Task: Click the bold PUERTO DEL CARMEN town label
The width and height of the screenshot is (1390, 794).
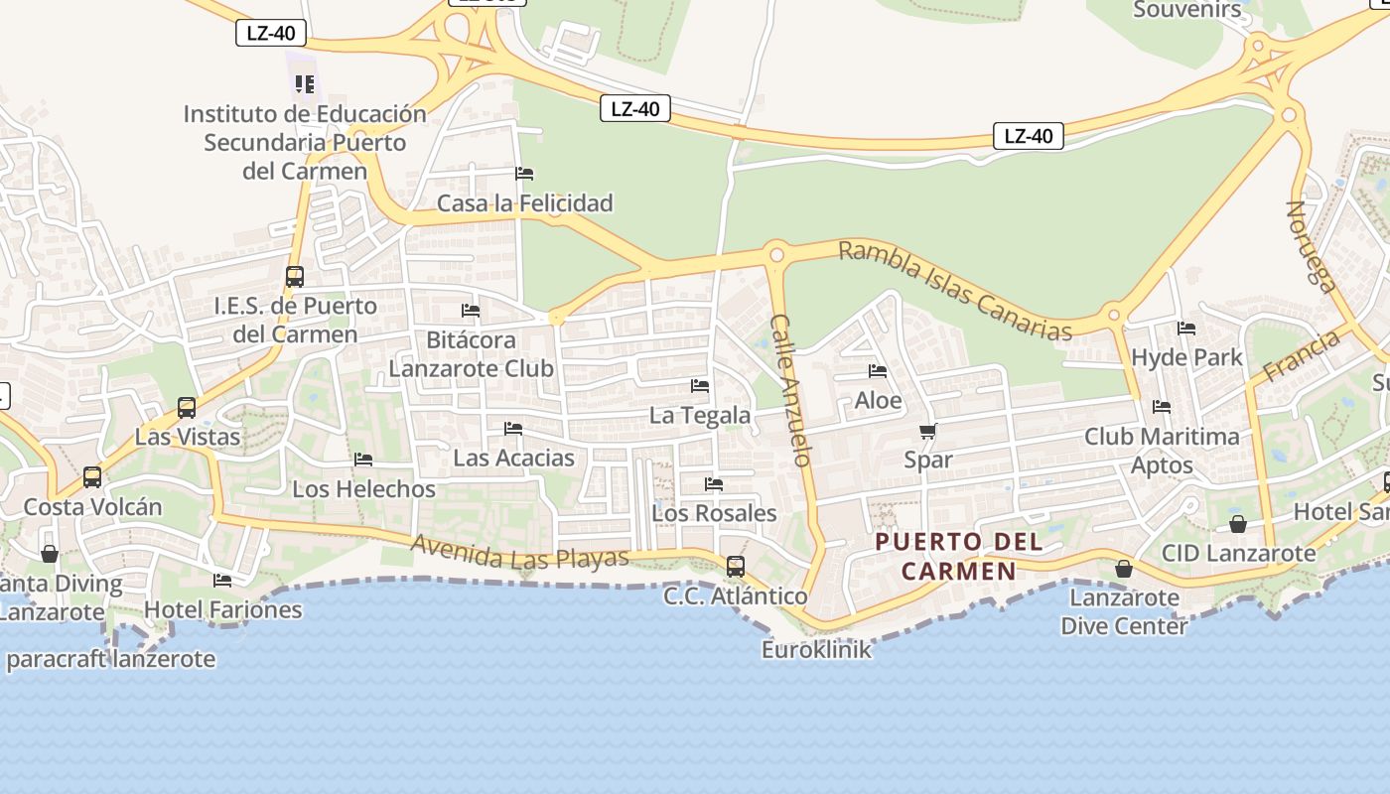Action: coord(959,556)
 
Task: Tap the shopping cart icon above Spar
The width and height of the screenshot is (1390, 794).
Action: coord(928,431)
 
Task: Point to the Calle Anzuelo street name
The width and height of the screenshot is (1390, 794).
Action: coord(791,390)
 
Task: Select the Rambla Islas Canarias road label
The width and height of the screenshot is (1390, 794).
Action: coord(955,290)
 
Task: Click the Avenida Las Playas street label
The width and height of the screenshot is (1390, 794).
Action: coord(519,552)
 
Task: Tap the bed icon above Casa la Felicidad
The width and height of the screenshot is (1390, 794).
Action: coord(524,174)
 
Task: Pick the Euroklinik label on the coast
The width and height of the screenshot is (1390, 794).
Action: coord(816,649)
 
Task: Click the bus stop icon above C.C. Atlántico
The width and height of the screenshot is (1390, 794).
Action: coord(735,566)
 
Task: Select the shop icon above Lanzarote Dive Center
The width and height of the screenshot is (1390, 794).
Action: coord(1124,569)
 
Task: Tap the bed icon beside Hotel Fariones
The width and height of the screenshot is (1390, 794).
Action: coord(222,580)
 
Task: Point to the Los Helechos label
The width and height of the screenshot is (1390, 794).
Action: coord(363,488)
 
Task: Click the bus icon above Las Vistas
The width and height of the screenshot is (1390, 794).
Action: coord(187,407)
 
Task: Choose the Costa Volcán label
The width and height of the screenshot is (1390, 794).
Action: coord(92,506)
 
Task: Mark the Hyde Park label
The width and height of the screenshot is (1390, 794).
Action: coord(1186,357)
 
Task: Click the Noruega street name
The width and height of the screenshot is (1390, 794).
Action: coord(1311,246)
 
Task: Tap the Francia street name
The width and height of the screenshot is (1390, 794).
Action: coord(1301,356)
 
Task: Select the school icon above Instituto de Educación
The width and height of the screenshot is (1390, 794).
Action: coord(304,84)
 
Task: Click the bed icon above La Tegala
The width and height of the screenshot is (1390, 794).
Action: coord(700,385)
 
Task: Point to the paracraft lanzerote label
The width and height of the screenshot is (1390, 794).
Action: coord(110,659)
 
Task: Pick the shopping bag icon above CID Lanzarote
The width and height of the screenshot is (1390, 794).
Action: coord(1238,524)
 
